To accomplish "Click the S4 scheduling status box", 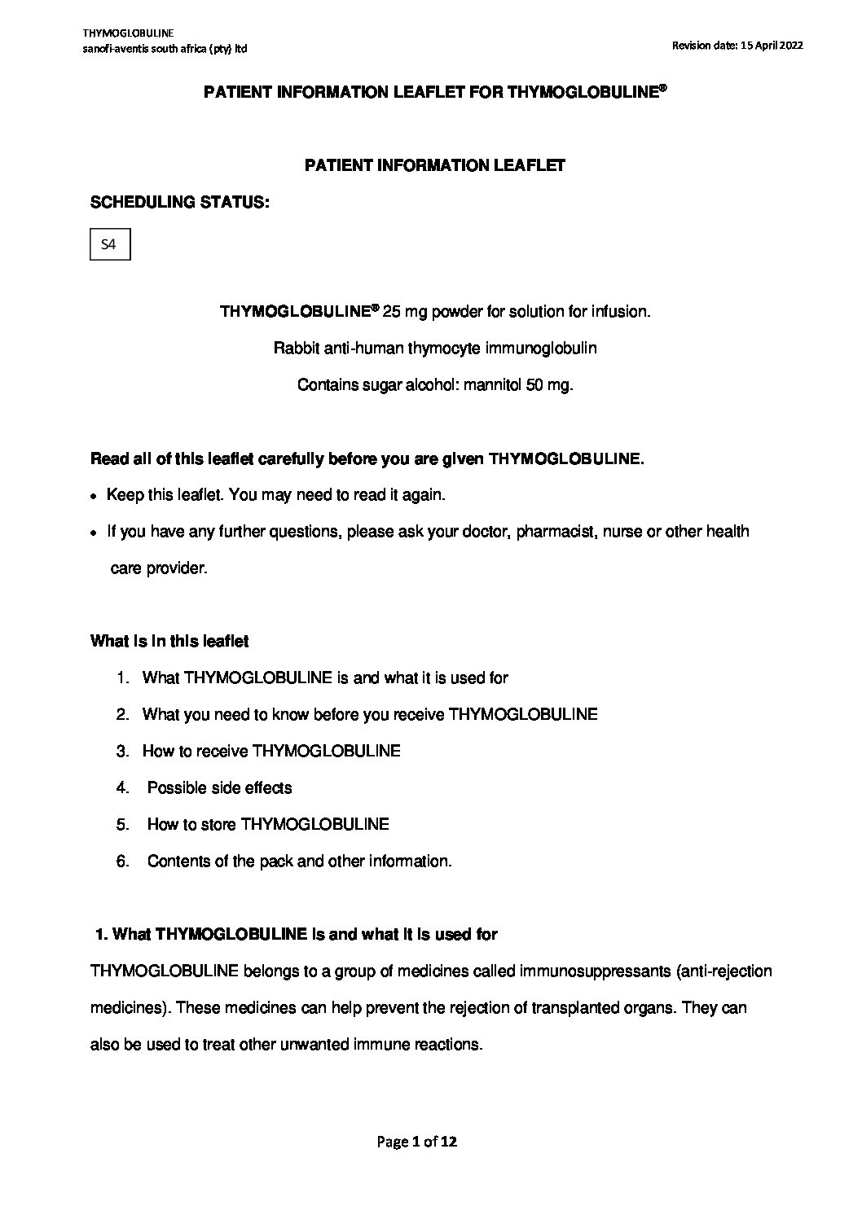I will click(109, 244).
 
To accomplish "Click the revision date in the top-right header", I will click(737, 46).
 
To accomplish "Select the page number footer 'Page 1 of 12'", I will click(416, 1142).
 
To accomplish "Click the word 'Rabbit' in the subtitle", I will click(295, 349).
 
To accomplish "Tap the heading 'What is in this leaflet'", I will click(169, 641).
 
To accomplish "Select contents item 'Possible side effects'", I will click(219, 787).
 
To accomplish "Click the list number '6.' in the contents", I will click(123, 861).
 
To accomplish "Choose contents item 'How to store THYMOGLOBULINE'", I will click(268, 824).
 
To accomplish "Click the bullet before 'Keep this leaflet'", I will click(95, 496).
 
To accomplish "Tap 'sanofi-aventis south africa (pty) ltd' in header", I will click(165, 49).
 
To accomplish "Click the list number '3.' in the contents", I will click(123, 751).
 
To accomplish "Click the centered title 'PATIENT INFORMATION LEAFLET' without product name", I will click(434, 165).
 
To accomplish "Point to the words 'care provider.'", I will click(159, 568).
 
